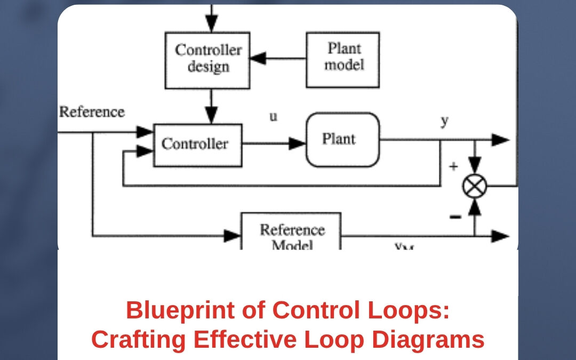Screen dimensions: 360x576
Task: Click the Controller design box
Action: pos(207,60)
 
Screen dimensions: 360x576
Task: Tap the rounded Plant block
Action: pos(343,140)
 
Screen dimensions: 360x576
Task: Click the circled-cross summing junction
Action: pos(474,187)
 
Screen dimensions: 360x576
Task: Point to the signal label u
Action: pos(273,117)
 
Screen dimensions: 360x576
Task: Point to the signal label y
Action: pos(444,121)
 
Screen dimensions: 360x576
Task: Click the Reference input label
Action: pos(91,113)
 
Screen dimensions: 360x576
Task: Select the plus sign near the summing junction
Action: pos(453,166)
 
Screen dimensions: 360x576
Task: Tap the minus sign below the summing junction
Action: pos(455,216)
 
